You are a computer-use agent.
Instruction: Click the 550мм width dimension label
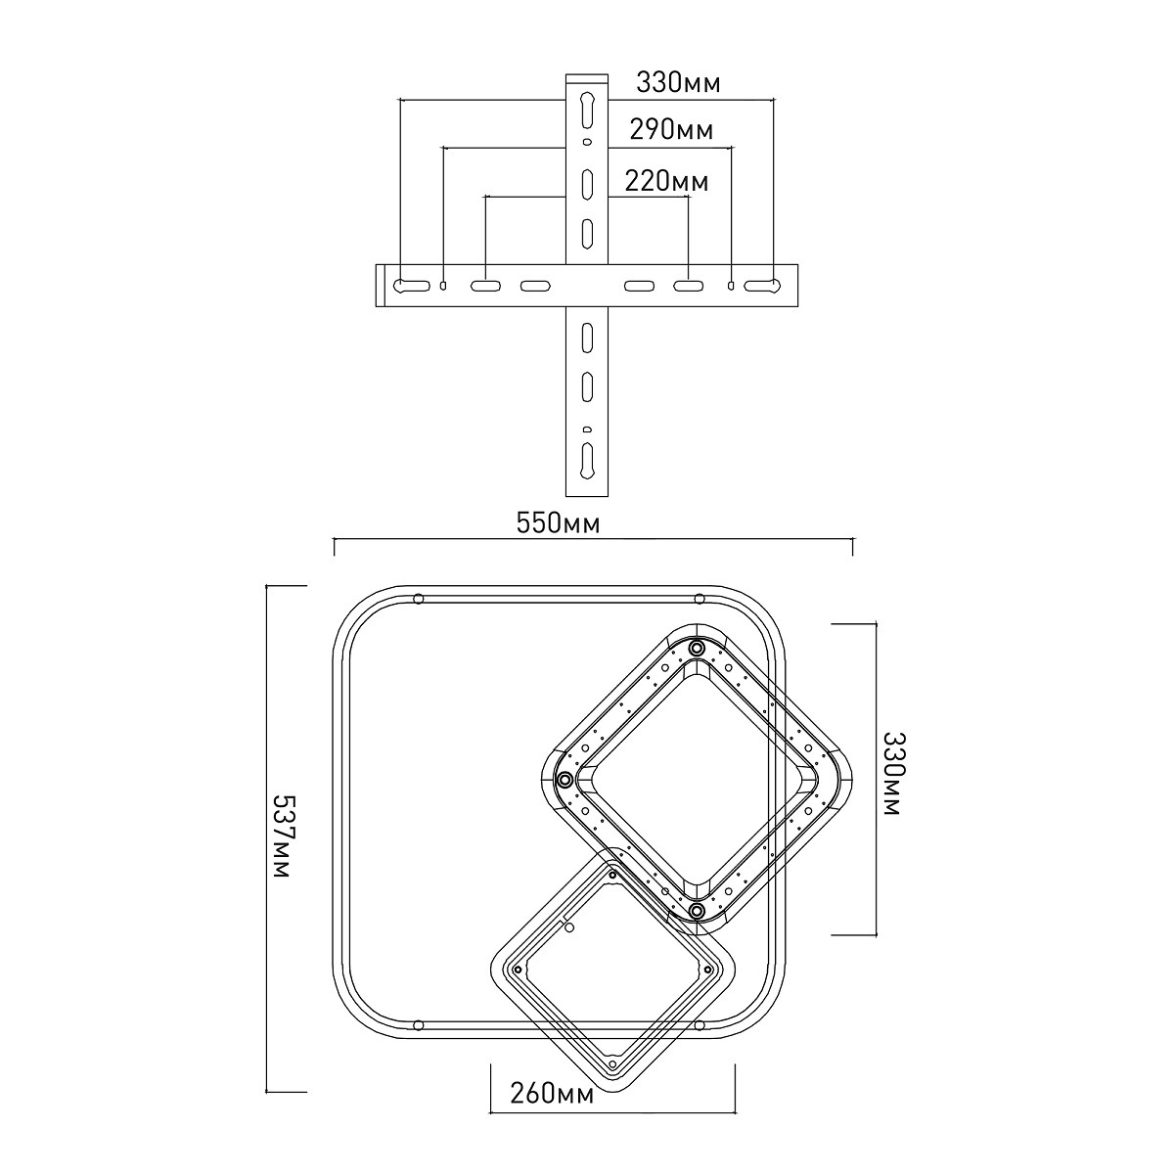pos(558,524)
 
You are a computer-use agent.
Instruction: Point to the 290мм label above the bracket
pos(671,130)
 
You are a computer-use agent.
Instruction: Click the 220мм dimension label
pos(667,181)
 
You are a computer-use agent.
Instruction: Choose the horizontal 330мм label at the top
pos(678,83)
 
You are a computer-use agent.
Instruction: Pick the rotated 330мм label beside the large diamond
pos(894,773)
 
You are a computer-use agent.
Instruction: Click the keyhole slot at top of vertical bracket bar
pos(587,110)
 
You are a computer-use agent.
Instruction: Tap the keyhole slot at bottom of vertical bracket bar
pos(587,461)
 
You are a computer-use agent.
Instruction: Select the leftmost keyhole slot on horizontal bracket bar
pos(412,285)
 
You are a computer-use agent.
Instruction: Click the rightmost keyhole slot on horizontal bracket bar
pos(762,285)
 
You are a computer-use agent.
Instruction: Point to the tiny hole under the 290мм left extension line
pos(443,285)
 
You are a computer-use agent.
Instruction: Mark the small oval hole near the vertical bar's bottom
pos(587,429)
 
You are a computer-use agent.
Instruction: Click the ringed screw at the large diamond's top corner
pos(698,647)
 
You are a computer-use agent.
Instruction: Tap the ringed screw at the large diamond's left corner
pos(564,779)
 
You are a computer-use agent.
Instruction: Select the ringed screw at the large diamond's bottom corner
pos(697,911)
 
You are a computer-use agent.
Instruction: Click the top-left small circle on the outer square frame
pos(418,599)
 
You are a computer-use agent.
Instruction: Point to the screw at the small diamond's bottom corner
pos(612,1064)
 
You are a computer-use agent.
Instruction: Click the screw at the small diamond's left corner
pos(518,970)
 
